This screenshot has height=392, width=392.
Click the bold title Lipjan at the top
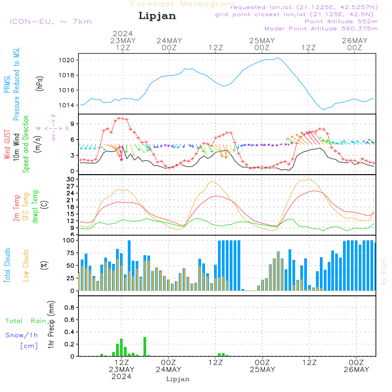157,16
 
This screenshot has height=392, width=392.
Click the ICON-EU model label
50,21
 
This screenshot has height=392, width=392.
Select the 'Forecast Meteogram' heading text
183,4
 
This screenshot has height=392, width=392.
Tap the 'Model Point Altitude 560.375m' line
321,29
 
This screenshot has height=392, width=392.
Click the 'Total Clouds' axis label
7,265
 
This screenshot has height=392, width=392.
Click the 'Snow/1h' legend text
22,335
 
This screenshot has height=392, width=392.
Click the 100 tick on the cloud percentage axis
69,240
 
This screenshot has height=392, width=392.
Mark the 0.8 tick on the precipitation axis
69,308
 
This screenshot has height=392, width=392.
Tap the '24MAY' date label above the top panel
169,40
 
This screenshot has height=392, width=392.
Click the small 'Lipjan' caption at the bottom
178,379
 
